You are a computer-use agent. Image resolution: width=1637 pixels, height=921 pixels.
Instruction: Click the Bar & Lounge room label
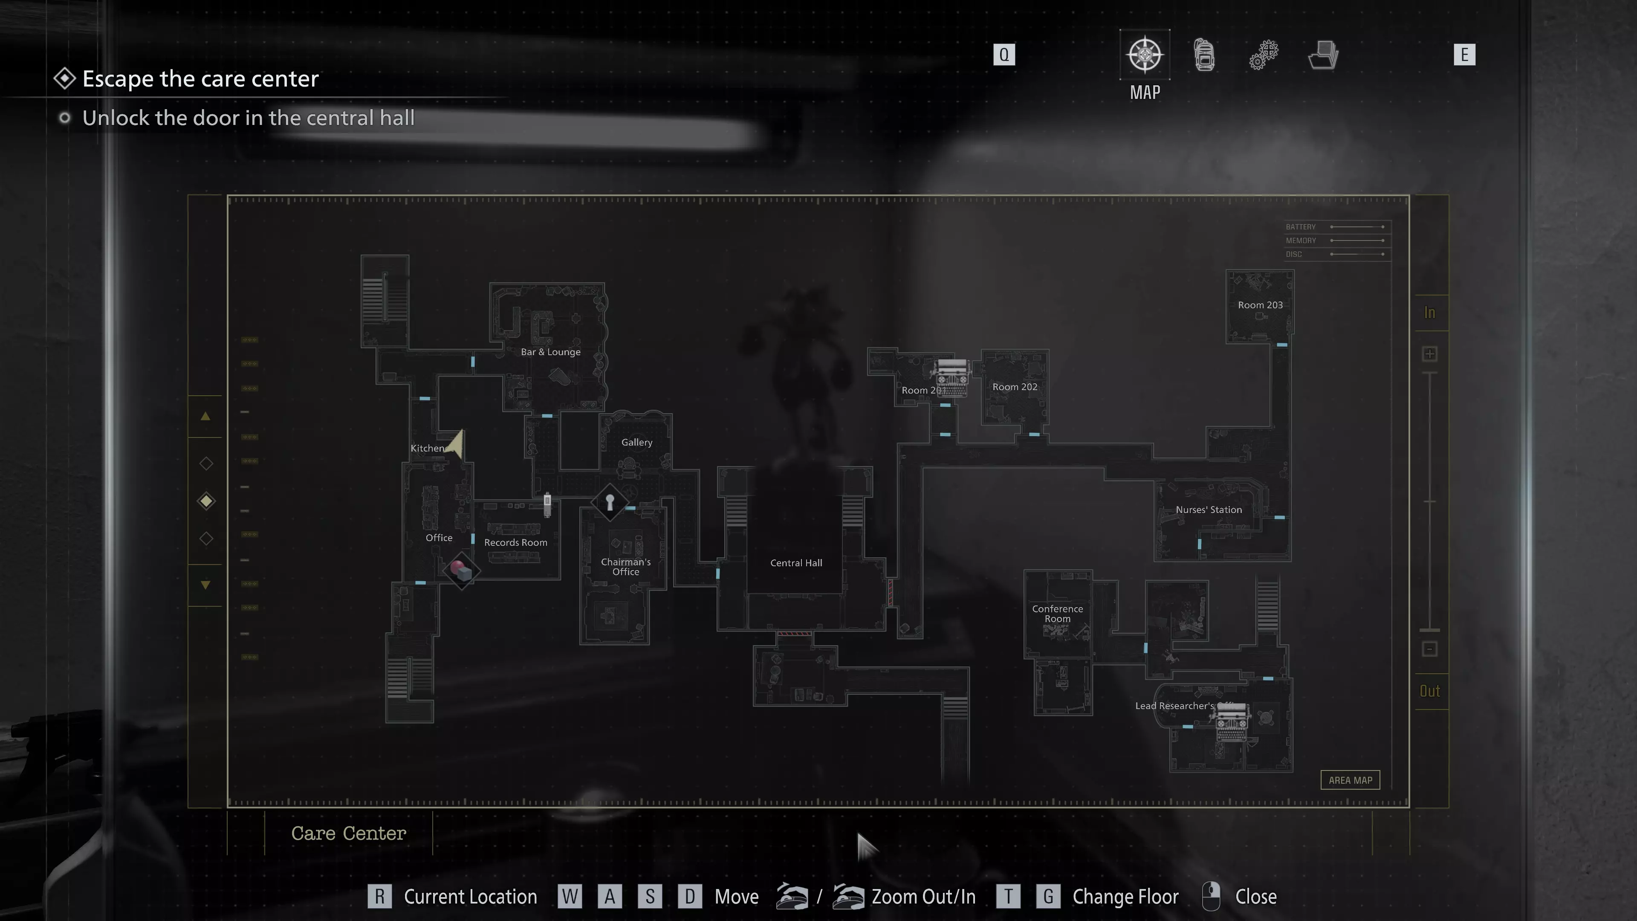click(550, 352)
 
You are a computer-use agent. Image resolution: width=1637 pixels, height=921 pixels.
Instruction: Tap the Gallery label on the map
click(636, 443)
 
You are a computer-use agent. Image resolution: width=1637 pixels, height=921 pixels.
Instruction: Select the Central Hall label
click(795, 563)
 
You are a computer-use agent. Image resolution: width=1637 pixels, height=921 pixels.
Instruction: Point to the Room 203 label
click(1260, 305)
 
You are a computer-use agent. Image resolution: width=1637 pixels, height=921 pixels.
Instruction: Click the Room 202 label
click(1014, 387)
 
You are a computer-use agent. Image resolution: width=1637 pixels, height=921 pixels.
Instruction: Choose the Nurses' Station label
click(1208, 510)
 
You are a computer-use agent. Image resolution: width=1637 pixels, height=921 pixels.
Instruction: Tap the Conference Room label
click(1057, 614)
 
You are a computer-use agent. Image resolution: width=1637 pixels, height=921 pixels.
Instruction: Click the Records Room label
click(515, 543)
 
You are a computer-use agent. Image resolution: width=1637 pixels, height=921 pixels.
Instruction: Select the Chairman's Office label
click(625, 566)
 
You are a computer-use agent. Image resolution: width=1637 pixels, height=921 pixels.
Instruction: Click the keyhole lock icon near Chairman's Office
click(610, 502)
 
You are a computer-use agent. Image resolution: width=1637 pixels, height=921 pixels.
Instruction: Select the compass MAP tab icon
click(1145, 55)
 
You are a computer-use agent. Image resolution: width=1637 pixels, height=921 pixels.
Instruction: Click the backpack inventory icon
click(1203, 55)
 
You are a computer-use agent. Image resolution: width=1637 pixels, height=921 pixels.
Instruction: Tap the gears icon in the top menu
click(1263, 55)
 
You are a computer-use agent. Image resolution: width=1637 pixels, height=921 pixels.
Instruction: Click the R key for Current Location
click(379, 896)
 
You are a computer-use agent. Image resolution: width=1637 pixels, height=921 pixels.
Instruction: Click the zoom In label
click(1429, 313)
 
